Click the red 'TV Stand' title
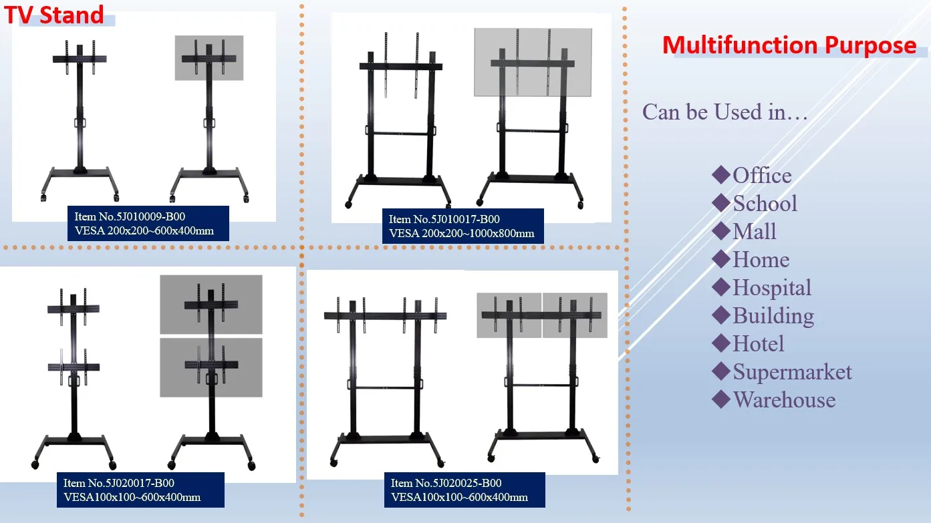click(55, 15)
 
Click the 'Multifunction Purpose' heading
click(789, 45)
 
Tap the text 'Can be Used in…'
click(725, 112)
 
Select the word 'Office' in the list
click(762, 176)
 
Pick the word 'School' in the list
click(765, 204)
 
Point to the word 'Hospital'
click(772, 288)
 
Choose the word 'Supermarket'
click(792, 372)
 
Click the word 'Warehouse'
click(784, 400)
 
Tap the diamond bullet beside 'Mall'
click(720, 231)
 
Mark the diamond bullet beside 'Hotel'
click(720, 343)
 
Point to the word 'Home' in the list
click(761, 260)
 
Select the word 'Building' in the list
click(773, 316)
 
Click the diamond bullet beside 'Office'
click(720, 175)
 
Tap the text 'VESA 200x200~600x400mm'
click(148, 231)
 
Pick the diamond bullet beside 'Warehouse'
click(720, 399)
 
